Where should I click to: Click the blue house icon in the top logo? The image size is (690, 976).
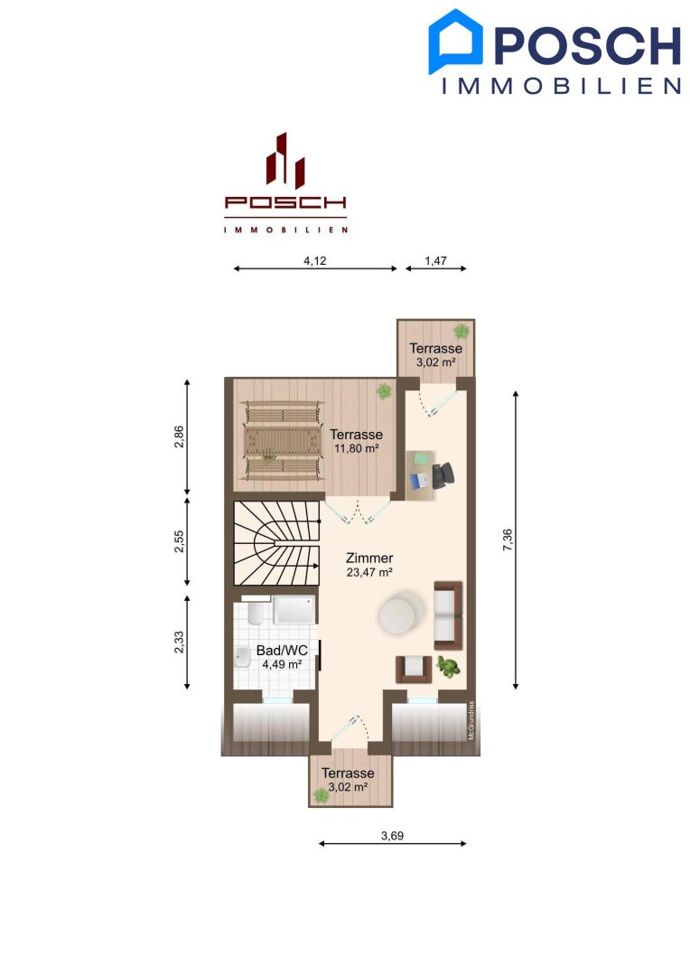[455, 41]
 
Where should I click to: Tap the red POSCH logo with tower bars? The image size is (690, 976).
[285, 183]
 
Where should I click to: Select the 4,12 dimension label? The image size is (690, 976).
[315, 261]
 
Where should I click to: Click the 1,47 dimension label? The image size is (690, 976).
[435, 261]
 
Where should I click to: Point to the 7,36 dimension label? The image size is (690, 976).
[508, 540]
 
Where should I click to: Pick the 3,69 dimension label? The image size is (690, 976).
[392, 836]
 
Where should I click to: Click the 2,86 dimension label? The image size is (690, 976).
[179, 436]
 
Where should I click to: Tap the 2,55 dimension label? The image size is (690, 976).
[179, 541]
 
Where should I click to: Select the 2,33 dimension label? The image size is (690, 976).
[179, 643]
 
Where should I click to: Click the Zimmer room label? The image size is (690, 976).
[369, 558]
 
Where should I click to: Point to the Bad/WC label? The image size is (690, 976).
[282, 651]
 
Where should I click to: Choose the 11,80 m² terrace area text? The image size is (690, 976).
[357, 448]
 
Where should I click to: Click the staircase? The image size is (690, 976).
[277, 543]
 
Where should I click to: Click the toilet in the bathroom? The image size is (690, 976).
[255, 611]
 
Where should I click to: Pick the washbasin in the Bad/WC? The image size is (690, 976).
[241, 656]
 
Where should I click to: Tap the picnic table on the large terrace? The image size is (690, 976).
[283, 440]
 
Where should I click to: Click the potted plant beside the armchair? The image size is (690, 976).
[447, 667]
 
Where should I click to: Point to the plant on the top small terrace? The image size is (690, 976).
[462, 330]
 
